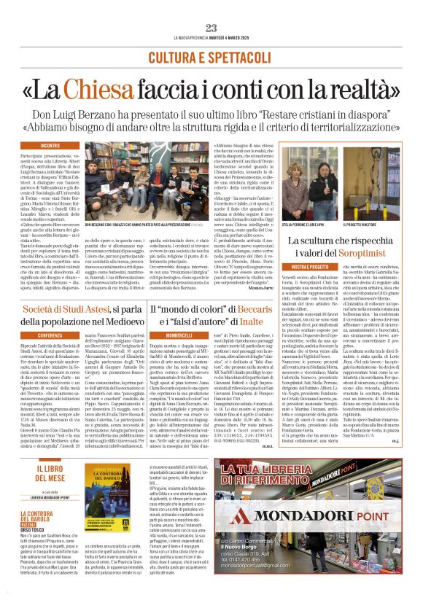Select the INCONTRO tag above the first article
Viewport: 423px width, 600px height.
51,146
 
